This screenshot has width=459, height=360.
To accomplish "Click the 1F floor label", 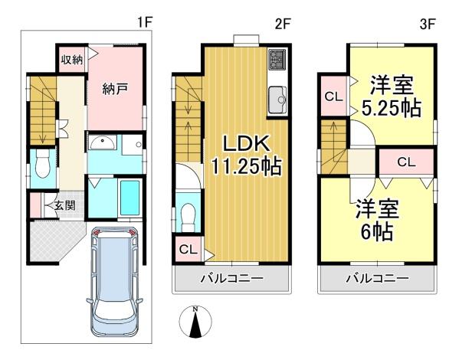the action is [145, 22].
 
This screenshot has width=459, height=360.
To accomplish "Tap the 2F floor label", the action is [283, 24].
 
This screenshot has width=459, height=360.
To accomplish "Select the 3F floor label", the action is [428, 24].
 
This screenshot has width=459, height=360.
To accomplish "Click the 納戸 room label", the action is [115, 89].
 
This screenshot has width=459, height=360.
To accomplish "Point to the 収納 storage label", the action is [72, 61].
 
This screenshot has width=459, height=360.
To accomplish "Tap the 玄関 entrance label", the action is [64, 205].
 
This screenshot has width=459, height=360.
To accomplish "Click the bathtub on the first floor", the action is [130, 198].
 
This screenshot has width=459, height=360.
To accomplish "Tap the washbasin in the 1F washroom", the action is [103, 142].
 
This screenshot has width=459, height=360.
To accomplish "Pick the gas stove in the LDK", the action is [277, 60].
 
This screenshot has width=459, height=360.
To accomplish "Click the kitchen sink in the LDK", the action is [277, 100].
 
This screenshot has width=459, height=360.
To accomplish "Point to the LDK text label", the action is [246, 144].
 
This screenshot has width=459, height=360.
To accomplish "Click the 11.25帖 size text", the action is [246, 166].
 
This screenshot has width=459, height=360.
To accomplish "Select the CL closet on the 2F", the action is [188, 250].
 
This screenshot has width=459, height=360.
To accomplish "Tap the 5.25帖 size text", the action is [392, 109].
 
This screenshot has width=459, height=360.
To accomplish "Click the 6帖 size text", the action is [377, 233].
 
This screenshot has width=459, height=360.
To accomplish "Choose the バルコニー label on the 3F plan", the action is [377, 278].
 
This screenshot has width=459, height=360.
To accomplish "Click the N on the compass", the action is [195, 309].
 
